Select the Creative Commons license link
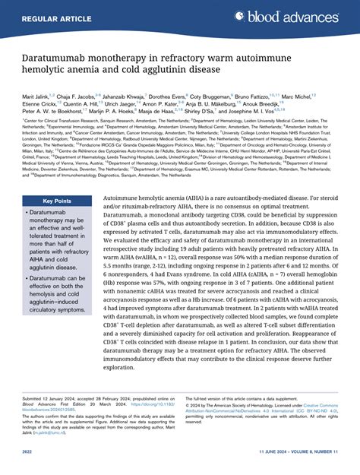[315, 410]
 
